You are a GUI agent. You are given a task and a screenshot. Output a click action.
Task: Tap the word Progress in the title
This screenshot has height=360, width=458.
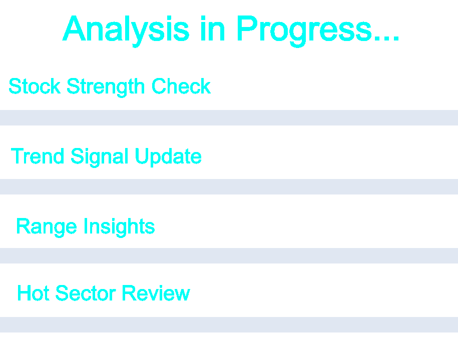click(x=304, y=31)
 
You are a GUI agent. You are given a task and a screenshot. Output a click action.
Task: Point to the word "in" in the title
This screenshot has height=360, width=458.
click(x=213, y=28)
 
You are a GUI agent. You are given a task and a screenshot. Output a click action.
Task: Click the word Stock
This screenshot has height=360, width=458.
click(x=35, y=86)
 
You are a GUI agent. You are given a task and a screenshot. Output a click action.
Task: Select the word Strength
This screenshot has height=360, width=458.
click(x=106, y=87)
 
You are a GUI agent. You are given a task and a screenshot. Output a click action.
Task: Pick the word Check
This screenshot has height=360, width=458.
click(x=181, y=86)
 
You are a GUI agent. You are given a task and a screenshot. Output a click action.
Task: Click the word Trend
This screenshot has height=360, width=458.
click(x=38, y=156)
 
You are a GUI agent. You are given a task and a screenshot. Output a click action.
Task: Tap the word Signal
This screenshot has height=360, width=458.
click(x=100, y=157)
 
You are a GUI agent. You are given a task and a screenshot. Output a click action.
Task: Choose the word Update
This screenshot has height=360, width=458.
click(x=168, y=157)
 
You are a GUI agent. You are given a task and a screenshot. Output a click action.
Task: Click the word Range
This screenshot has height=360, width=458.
click(x=47, y=227)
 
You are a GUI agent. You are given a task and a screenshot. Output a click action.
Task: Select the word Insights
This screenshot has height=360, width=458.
click(x=119, y=227)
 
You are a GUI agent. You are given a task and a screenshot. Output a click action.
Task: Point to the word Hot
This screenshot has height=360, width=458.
click(x=34, y=293)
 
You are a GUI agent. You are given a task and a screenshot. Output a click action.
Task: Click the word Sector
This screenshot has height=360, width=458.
click(x=86, y=293)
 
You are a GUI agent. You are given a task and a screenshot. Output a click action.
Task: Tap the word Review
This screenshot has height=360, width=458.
click(x=156, y=293)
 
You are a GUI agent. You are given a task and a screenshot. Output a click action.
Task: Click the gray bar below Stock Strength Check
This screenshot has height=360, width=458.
click(x=229, y=117)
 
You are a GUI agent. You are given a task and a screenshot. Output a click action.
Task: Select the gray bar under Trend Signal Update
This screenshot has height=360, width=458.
click(x=229, y=186)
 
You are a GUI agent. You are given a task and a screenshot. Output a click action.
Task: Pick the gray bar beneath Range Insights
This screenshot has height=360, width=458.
click(x=229, y=255)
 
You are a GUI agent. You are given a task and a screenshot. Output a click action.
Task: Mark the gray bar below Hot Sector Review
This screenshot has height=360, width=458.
click(x=229, y=324)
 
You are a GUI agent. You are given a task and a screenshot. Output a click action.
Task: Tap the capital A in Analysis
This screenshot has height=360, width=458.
click(x=74, y=28)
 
